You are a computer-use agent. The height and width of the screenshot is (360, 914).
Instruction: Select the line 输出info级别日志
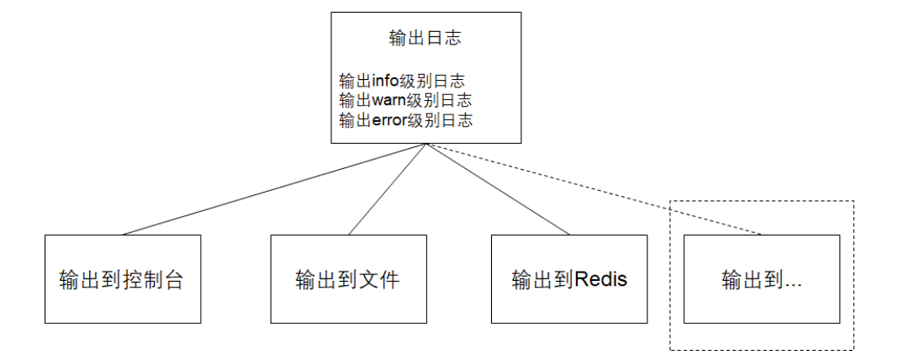coord(402,81)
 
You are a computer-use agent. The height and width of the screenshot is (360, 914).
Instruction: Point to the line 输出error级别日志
coord(405,120)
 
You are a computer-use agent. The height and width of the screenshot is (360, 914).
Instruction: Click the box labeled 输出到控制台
coord(123,278)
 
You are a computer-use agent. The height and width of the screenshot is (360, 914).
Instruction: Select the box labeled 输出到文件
coord(348,278)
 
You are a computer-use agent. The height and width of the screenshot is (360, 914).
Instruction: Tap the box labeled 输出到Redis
coord(569,278)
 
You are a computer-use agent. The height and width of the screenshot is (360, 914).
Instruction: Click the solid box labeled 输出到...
coord(762,278)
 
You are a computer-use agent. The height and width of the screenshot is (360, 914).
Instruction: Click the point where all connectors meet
coord(426,144)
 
